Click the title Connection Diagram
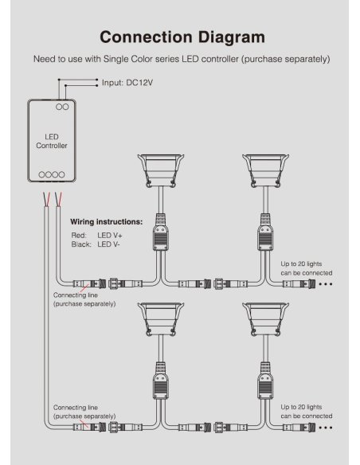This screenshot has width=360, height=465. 182,37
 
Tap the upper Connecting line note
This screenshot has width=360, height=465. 84,299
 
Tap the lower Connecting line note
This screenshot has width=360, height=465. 84,412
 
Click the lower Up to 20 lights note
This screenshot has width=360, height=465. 307,411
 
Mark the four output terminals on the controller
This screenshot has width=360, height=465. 52,174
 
